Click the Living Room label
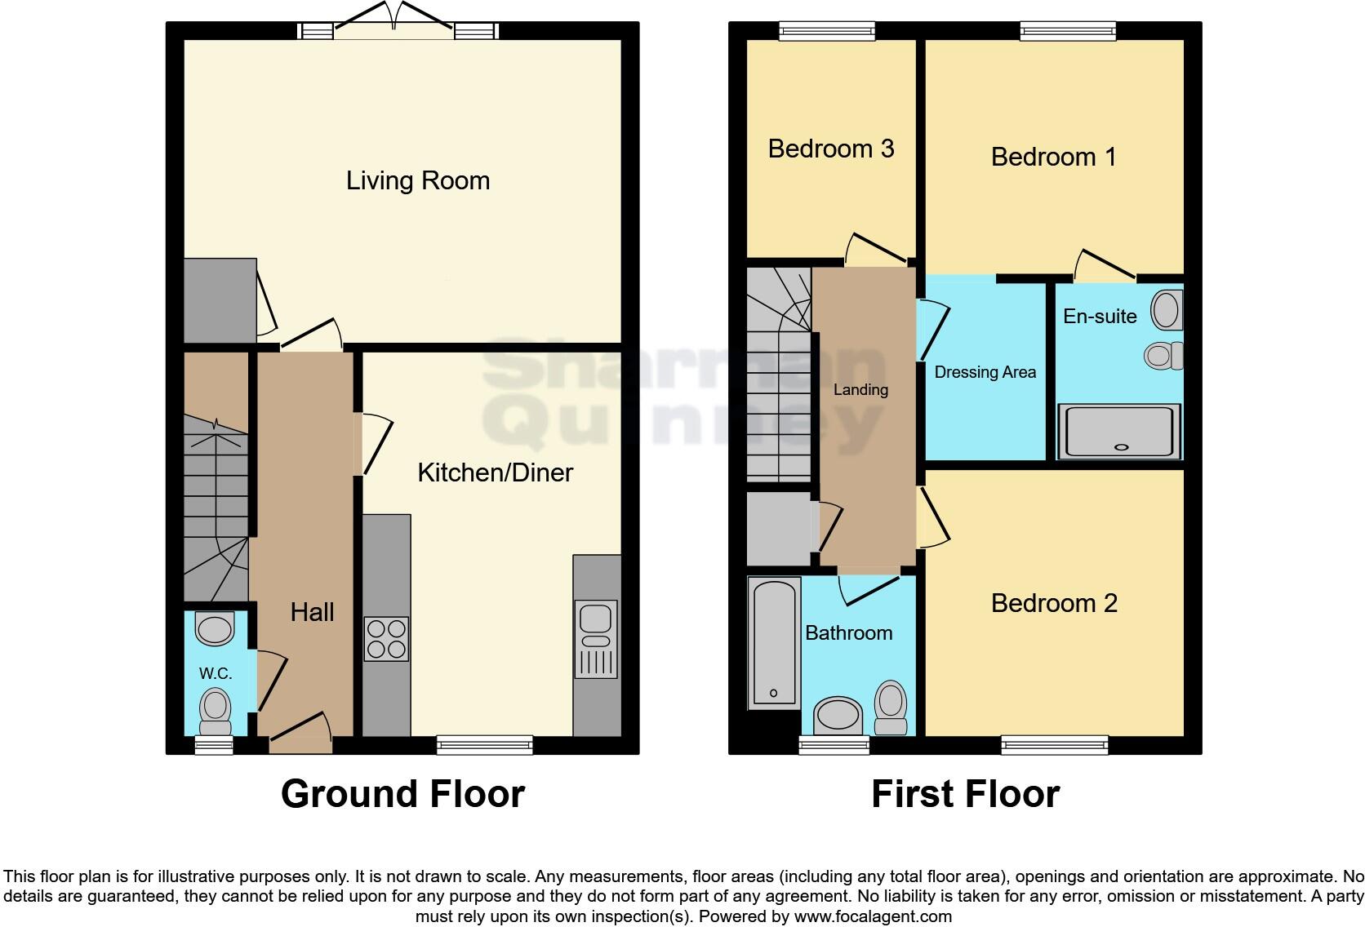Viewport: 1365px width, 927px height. click(417, 180)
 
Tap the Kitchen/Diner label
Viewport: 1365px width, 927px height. click(495, 472)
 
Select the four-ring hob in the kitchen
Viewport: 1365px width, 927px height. click(386, 638)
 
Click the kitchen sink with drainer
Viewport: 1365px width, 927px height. click(596, 639)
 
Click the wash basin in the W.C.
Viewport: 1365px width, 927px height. click(215, 629)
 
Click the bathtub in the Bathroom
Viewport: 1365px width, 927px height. click(773, 643)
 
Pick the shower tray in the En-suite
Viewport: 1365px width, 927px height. click(1119, 431)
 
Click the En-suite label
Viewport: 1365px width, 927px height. click(1099, 317)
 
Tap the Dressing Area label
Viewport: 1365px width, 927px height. click(985, 372)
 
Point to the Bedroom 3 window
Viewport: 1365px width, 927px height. click(827, 31)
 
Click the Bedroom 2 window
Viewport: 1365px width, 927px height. click(1054, 744)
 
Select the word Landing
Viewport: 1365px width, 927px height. click(860, 390)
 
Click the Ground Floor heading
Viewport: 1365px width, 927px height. click(402, 794)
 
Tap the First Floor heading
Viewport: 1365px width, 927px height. click(965, 794)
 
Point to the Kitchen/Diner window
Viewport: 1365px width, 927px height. click(484, 744)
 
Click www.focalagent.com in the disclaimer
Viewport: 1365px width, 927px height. click(873, 916)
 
